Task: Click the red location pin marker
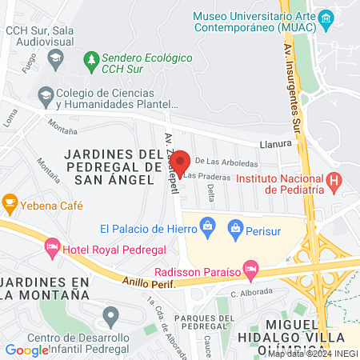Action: coord(180,162)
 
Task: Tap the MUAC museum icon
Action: coord(326,18)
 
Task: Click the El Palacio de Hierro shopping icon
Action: coord(208,226)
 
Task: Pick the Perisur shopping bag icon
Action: coord(236,232)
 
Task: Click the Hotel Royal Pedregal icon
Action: coord(53,245)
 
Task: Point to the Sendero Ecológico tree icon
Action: coord(92,59)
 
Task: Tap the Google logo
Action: coord(27,350)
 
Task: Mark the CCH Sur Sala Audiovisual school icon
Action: coord(55,57)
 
